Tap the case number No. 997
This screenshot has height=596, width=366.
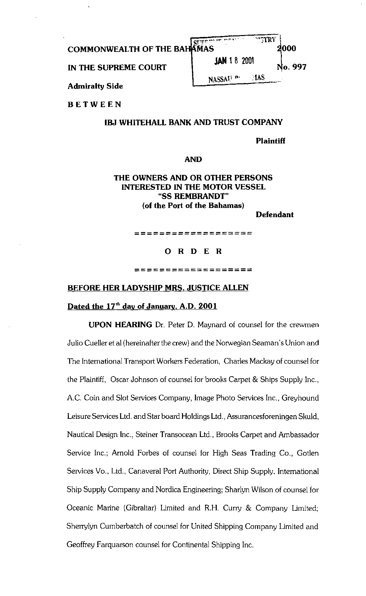click(291, 67)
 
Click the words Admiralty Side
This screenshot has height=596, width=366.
click(95, 86)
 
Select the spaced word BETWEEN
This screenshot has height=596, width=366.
click(94, 105)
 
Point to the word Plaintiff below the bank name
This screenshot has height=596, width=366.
click(270, 141)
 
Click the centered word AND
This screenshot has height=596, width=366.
click(193, 160)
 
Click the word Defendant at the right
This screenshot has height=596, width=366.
click(274, 215)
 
